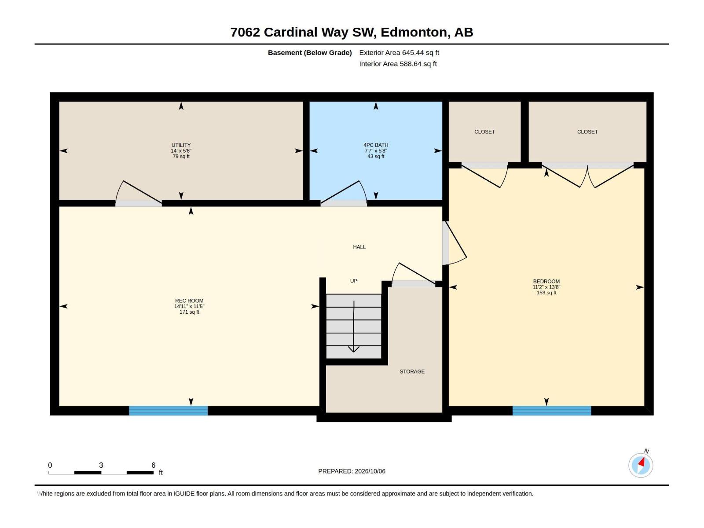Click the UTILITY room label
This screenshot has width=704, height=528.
pyautogui.click(x=181, y=145)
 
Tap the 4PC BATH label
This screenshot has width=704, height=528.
pyautogui.click(x=376, y=145)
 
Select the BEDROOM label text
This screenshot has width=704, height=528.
pyautogui.click(x=546, y=282)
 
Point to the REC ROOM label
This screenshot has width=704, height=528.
pyautogui.click(x=189, y=301)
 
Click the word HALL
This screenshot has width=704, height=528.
pyautogui.click(x=359, y=247)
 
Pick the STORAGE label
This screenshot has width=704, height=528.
pyautogui.click(x=412, y=371)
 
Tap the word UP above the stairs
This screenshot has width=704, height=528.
pyautogui.click(x=353, y=281)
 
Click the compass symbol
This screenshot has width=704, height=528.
pyautogui.click(x=641, y=465)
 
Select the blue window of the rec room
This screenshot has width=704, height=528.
pyautogui.click(x=168, y=411)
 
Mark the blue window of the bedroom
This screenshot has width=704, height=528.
pyautogui.click(x=552, y=411)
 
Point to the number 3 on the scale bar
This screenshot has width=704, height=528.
pyautogui.click(x=101, y=465)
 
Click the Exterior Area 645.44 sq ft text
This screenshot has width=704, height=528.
pyautogui.click(x=399, y=52)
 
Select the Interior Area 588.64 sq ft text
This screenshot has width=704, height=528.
pyautogui.click(x=398, y=64)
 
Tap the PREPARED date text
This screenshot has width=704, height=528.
pyautogui.click(x=352, y=471)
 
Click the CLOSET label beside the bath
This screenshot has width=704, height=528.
pyautogui.click(x=484, y=132)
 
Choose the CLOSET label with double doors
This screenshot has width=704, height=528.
pyautogui.click(x=587, y=132)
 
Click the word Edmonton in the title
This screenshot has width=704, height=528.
pyautogui.click(x=414, y=33)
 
